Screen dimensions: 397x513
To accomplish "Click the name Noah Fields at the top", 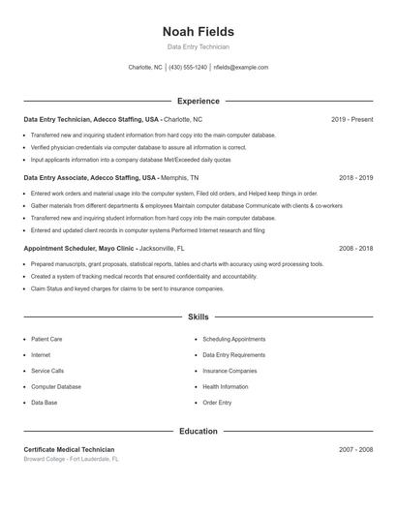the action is click(x=198, y=31).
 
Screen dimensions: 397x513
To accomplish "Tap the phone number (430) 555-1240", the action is click(x=188, y=68).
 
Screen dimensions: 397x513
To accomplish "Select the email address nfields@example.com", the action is click(x=241, y=68).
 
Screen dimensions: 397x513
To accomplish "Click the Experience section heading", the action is click(x=198, y=101).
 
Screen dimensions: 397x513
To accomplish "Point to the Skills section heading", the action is click(x=198, y=317).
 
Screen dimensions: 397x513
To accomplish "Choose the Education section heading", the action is click(x=198, y=431).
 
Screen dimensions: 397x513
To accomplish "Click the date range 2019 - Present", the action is click(x=351, y=119).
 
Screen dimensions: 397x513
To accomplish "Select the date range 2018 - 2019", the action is click(x=355, y=178).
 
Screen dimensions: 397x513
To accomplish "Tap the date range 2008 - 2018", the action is click(x=355, y=248).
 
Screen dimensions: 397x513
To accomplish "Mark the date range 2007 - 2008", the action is click(x=355, y=449).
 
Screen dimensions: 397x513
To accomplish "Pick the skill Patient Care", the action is click(x=46, y=340).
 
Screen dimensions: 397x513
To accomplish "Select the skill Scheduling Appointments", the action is click(x=233, y=340).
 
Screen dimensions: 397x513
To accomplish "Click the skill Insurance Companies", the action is click(x=229, y=371).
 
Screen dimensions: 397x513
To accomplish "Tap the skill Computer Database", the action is click(x=56, y=386).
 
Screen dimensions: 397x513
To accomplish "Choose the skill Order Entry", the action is click(x=217, y=402).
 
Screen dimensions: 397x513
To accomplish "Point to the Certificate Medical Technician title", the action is click(x=69, y=449).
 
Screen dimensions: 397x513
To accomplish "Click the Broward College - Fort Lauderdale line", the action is click(x=71, y=459).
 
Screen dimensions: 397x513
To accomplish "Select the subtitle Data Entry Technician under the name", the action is click(x=198, y=46).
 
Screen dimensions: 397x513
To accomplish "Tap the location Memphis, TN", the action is click(x=180, y=178).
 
